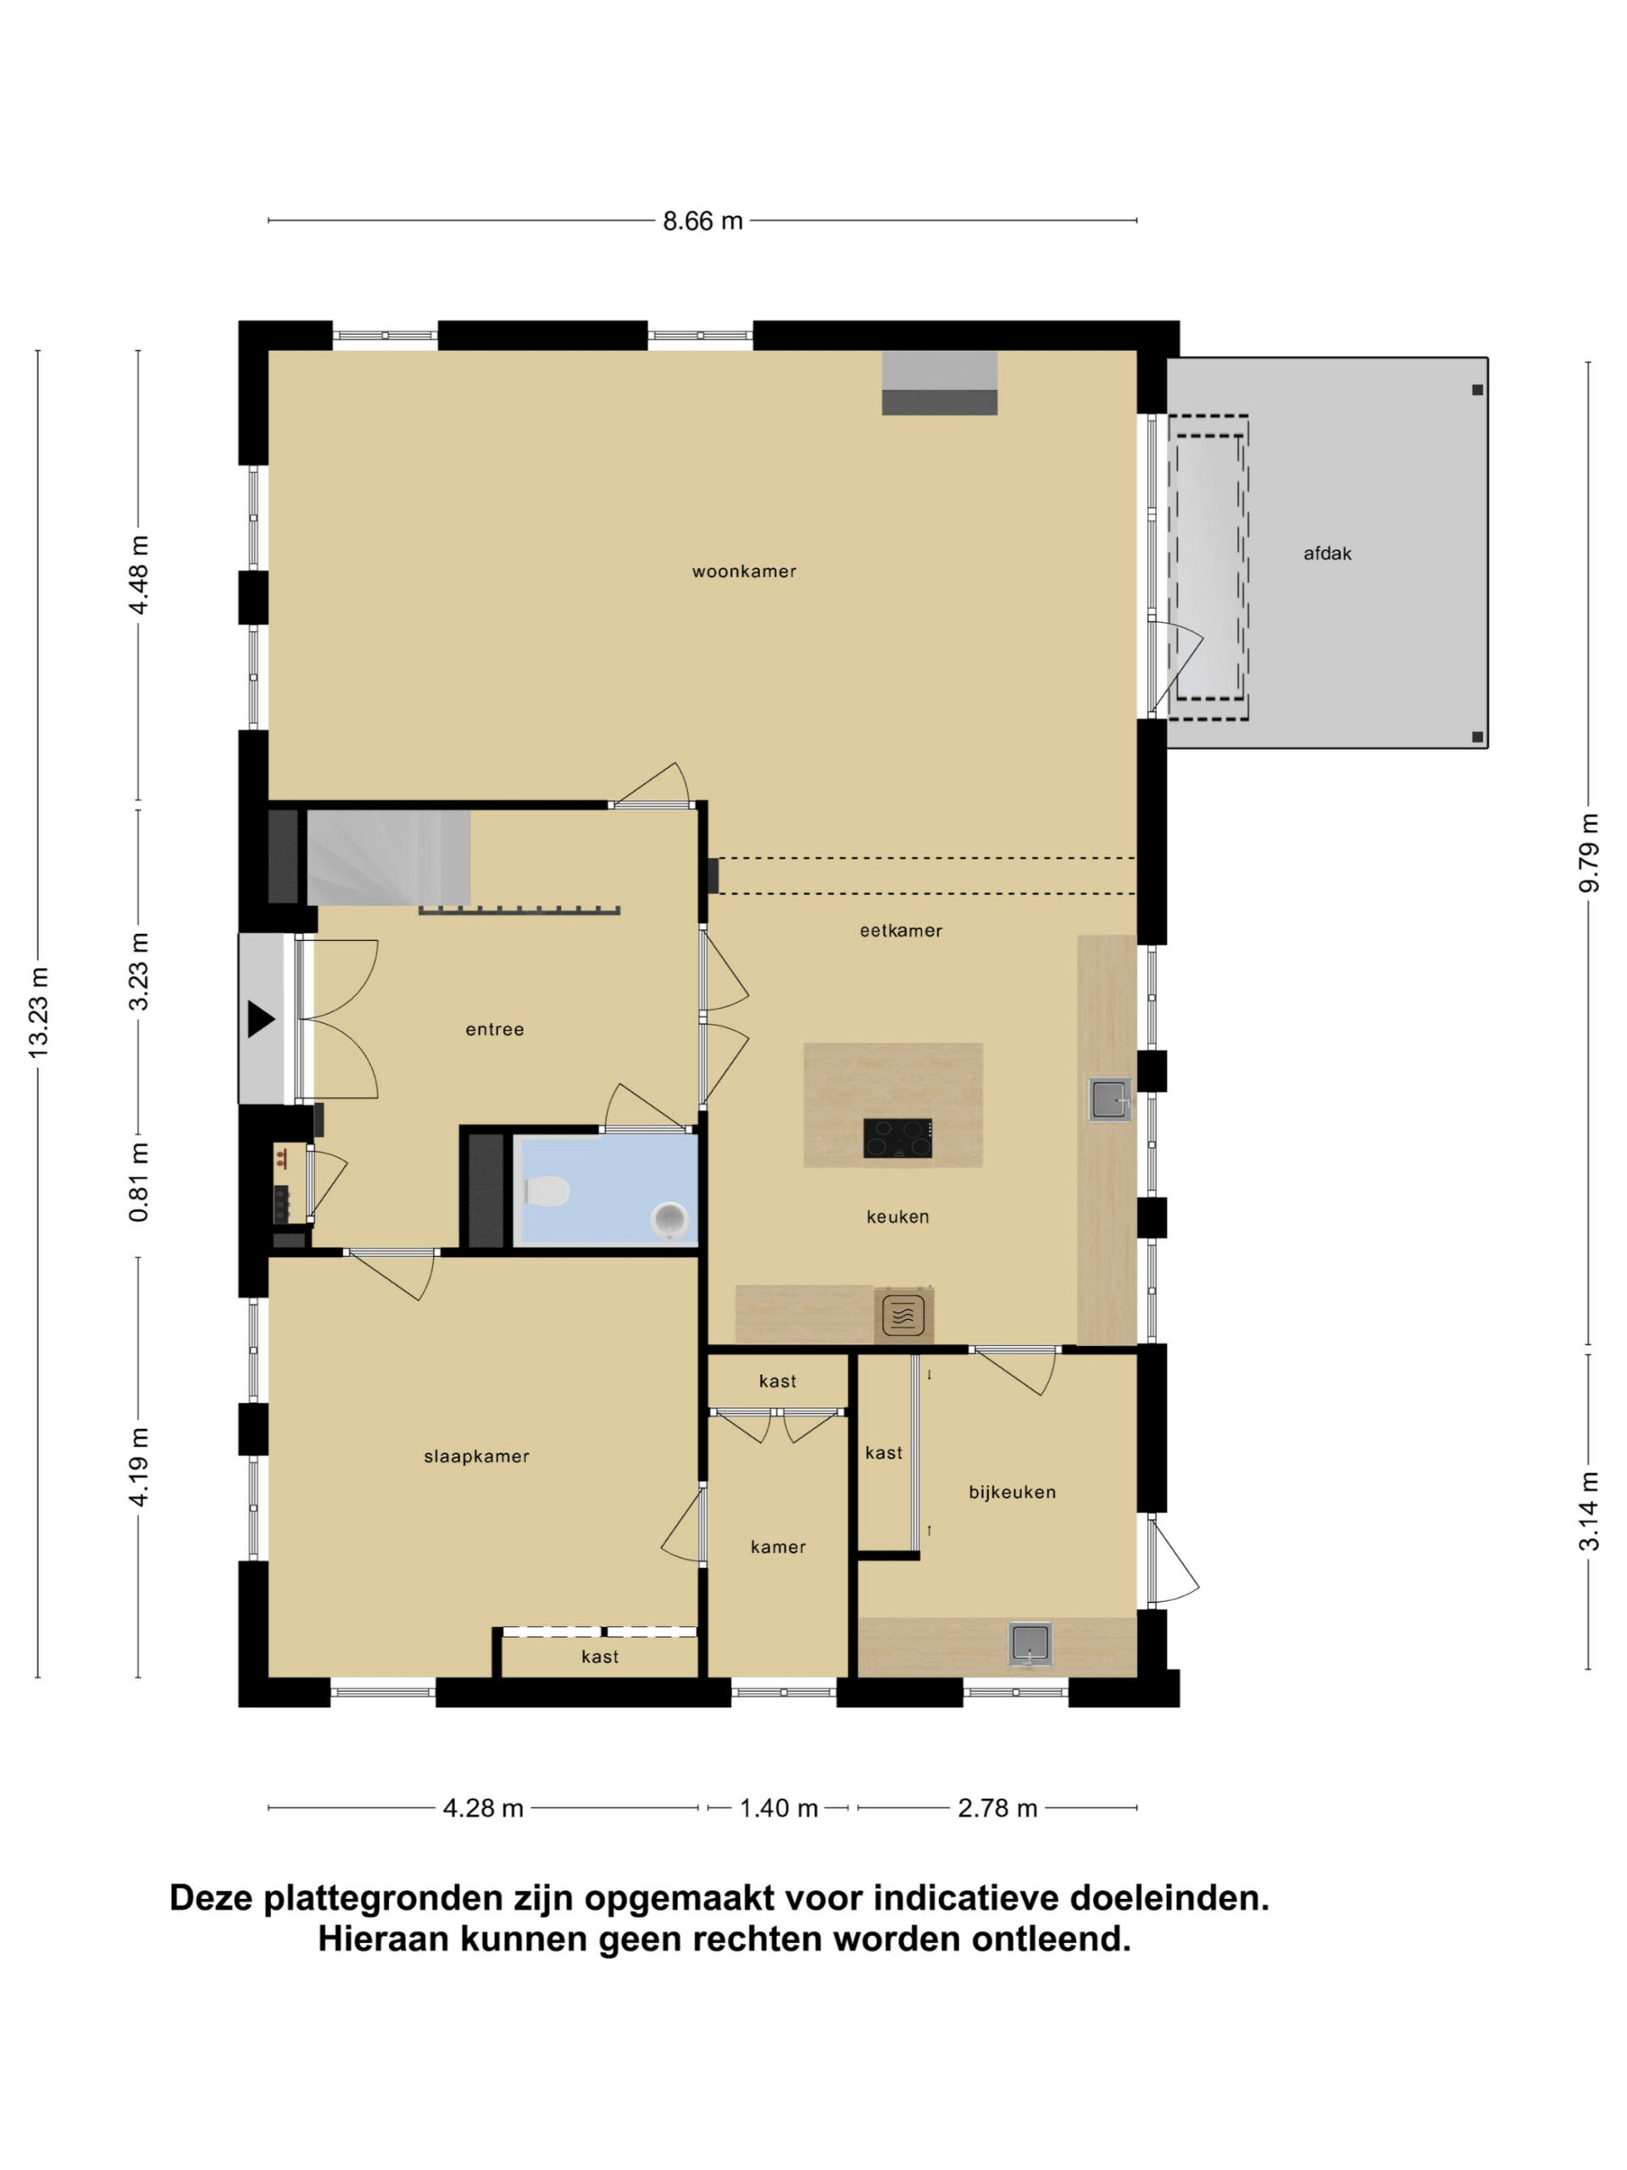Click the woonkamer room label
pyautogui.click(x=743, y=571)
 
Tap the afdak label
pyautogui.click(x=1327, y=554)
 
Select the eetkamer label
pyautogui.click(x=900, y=930)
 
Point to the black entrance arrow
pyautogui.click(x=261, y=1019)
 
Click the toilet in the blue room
pyautogui.click(x=547, y=1191)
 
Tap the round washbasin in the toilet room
pyautogui.click(x=669, y=1221)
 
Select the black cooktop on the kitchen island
pyautogui.click(x=897, y=1137)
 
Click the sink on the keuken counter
pyautogui.click(x=1110, y=1099)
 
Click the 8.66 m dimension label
pyautogui.click(x=702, y=220)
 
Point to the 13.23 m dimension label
pyautogui.click(x=38, y=1012)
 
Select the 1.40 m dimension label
pyautogui.click(x=778, y=1807)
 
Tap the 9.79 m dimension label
pyautogui.click(x=1589, y=853)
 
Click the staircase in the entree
pyautogui.click(x=388, y=856)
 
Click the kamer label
pyautogui.click(x=778, y=1546)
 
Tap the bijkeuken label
pyautogui.click(x=1012, y=1491)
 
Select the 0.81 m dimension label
pyautogui.click(x=138, y=1181)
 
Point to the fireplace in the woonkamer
pyautogui.click(x=939, y=382)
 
